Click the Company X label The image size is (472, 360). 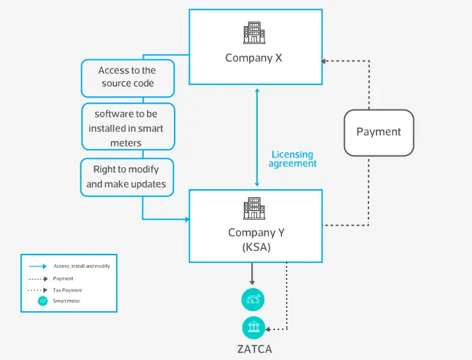tap(254, 57)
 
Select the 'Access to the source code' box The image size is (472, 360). tap(127, 77)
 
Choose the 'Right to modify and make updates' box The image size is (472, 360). tap(126, 177)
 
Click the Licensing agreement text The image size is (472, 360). tap(293, 159)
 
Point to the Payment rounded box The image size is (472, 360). tap(378, 132)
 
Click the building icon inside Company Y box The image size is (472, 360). tap(254, 208)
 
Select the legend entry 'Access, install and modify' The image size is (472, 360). tap(81, 266)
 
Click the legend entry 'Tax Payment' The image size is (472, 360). tap(67, 290)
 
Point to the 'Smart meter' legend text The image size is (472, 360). tap(67, 301)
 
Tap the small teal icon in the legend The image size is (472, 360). tap(43, 301)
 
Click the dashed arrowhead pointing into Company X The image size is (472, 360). tap(324, 61)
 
